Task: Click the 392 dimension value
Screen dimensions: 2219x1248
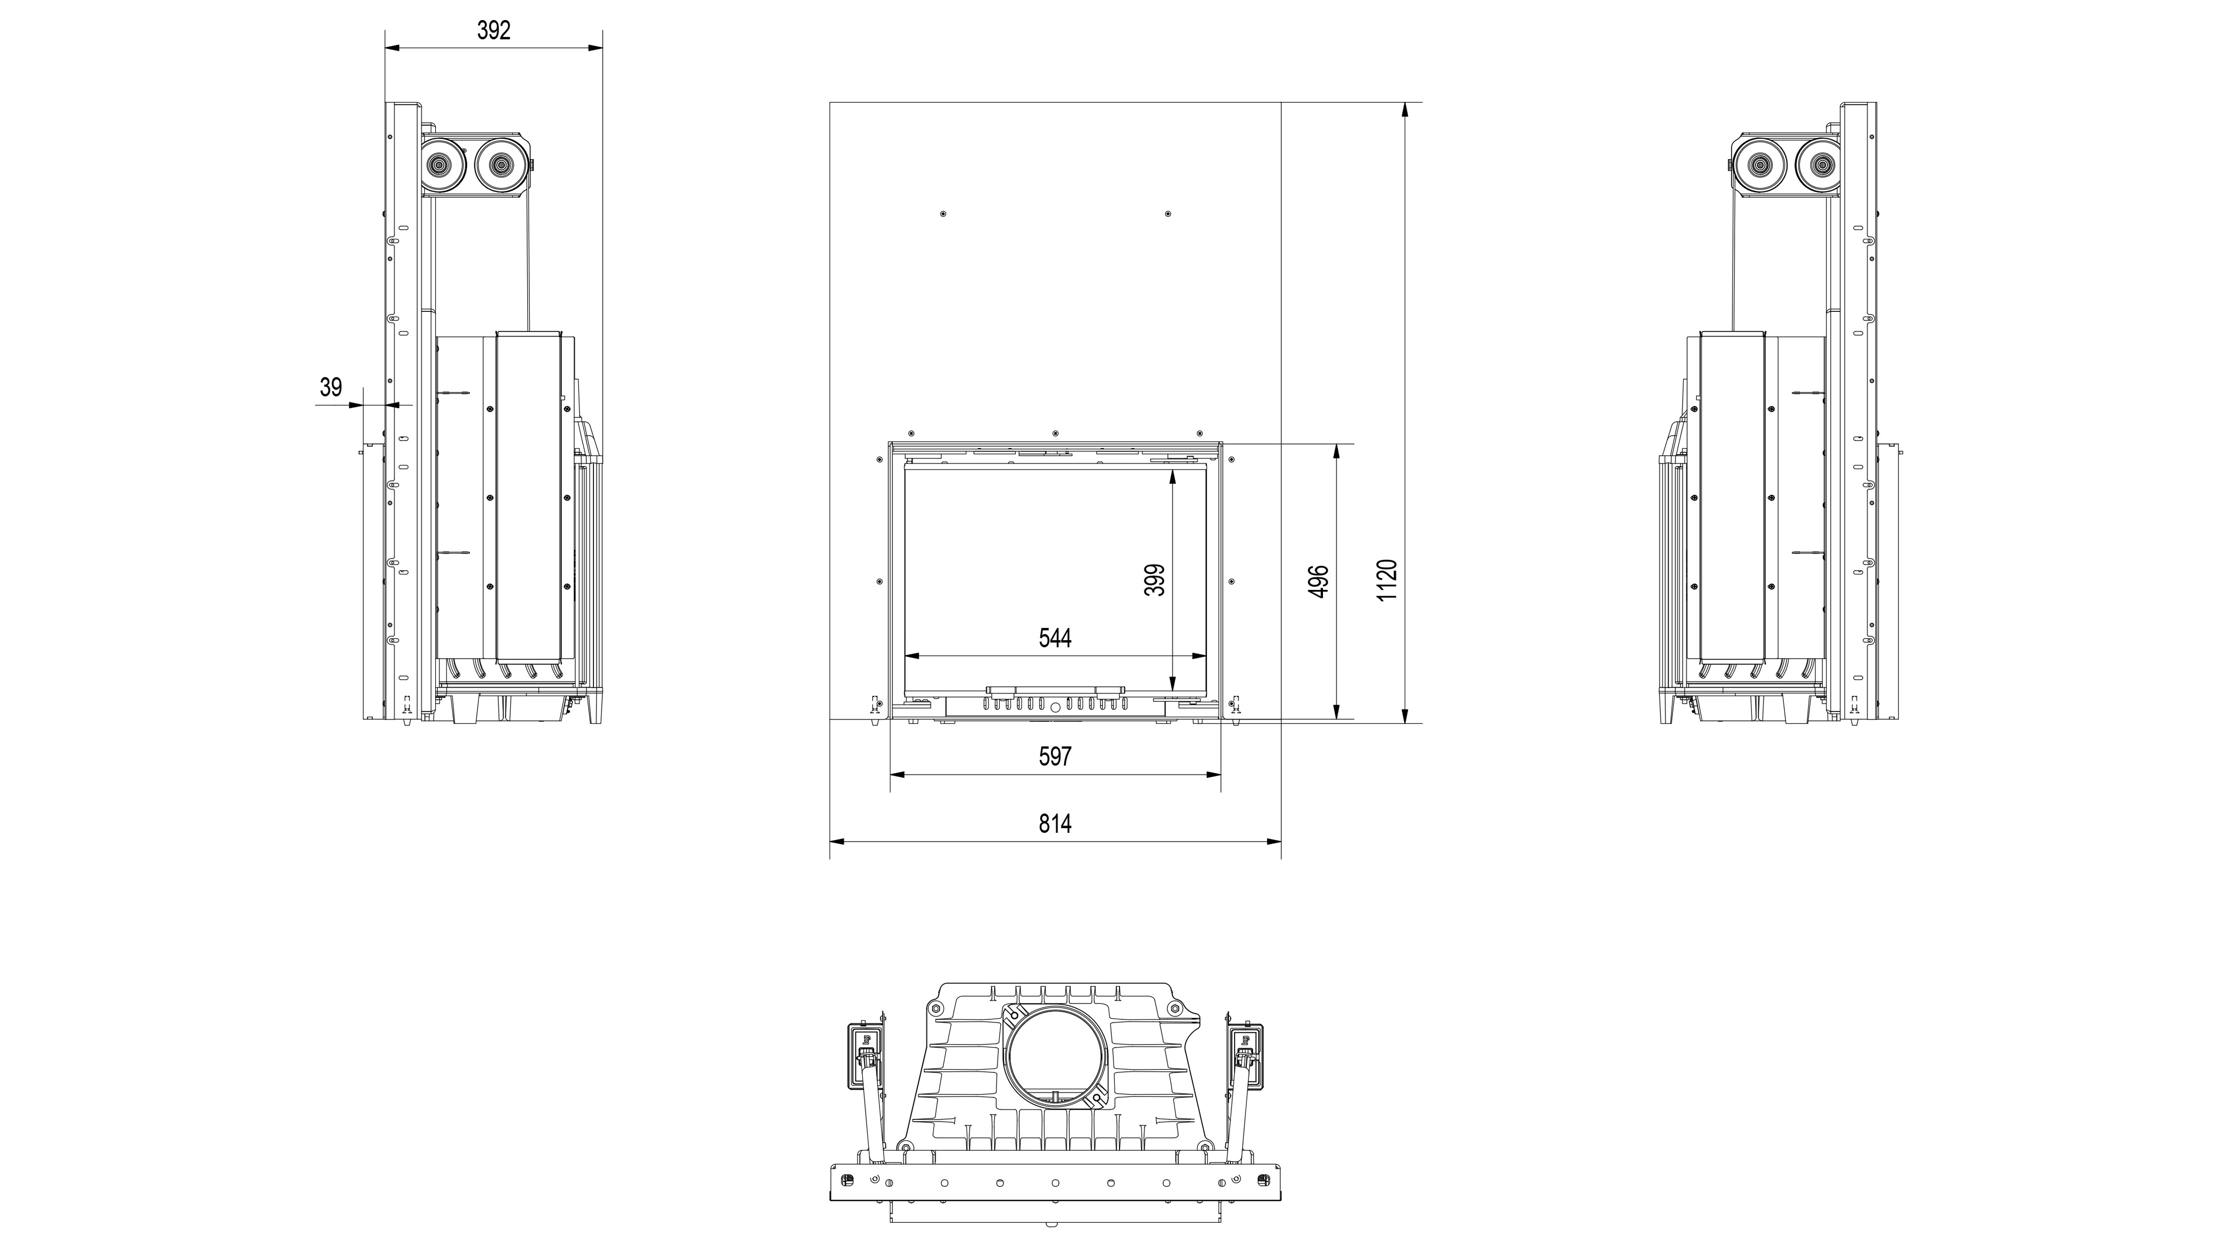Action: (494, 31)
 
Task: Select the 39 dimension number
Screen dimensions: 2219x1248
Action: (331, 387)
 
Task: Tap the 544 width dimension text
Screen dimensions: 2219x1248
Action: (1055, 638)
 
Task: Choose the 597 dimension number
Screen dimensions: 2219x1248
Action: (1055, 756)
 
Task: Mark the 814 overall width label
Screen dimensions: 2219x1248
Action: (1055, 824)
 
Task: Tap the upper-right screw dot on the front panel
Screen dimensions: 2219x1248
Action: (1167, 214)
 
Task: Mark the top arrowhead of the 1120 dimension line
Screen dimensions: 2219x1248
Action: (1405, 110)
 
